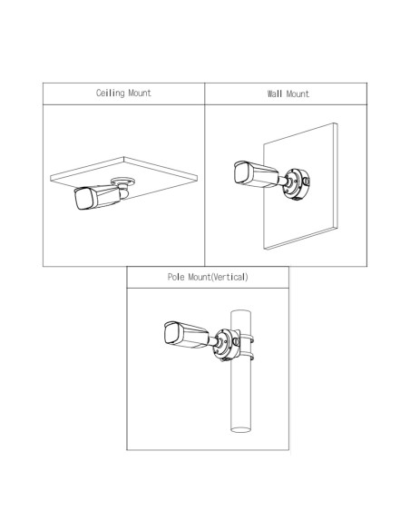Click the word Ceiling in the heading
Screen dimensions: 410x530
click(x=110, y=93)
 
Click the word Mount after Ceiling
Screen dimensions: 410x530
click(x=140, y=93)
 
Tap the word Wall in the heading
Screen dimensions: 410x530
click(x=275, y=93)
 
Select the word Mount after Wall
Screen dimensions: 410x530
click(x=298, y=93)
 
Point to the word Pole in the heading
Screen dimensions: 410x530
click(x=176, y=277)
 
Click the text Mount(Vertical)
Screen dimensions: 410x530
click(x=219, y=277)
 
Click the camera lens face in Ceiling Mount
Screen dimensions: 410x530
click(x=83, y=199)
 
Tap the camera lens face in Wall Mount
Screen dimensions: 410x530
click(x=242, y=174)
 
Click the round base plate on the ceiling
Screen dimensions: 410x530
click(x=123, y=182)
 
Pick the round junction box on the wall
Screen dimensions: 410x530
click(x=296, y=183)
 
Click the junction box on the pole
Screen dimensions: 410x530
click(x=227, y=344)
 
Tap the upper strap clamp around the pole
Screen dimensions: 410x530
click(x=247, y=338)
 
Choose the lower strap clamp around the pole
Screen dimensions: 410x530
click(x=247, y=357)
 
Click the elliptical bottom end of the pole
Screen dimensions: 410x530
click(x=240, y=429)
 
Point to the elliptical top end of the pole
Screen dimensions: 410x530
click(x=240, y=312)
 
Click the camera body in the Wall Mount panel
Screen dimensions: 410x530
click(x=257, y=174)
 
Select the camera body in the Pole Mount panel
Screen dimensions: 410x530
click(x=187, y=335)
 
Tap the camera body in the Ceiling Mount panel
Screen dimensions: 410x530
click(x=97, y=197)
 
